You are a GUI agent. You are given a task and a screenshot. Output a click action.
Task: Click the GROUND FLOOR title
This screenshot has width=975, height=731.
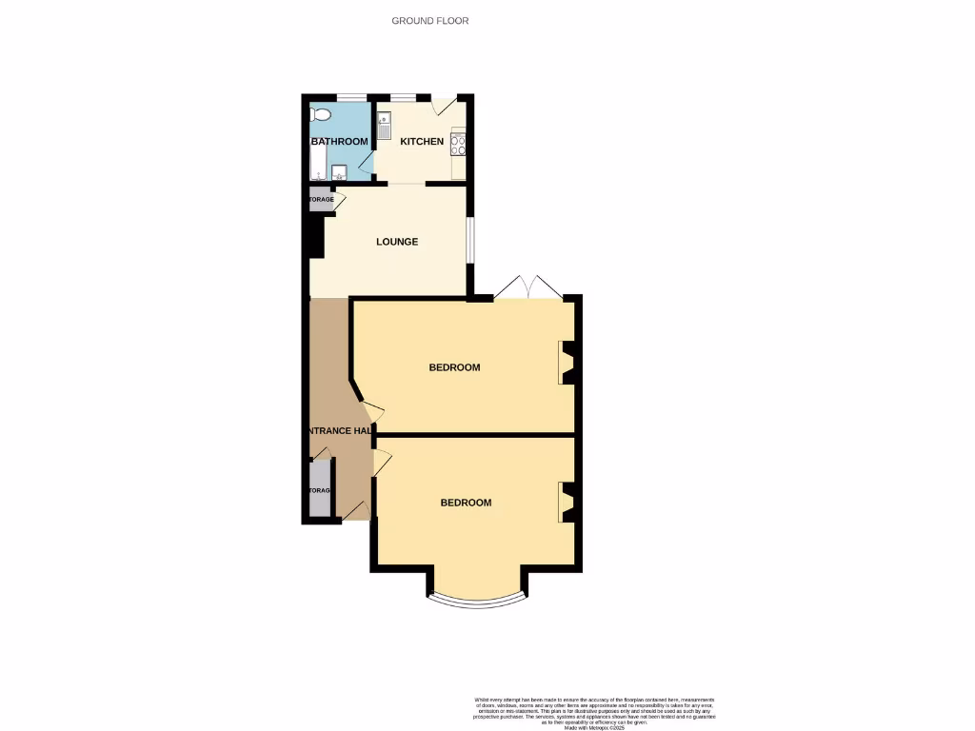430,21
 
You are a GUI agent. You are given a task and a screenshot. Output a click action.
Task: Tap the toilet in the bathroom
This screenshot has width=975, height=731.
321,115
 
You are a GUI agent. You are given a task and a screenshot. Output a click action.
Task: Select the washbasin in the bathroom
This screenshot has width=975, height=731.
339,172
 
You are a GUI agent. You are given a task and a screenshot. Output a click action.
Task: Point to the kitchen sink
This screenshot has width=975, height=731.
384,125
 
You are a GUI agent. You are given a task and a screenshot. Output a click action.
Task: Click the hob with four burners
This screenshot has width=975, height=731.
458,145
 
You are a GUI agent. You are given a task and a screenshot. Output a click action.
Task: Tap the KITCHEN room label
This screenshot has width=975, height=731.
422,142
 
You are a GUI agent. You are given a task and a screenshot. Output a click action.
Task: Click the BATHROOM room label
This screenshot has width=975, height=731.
340,142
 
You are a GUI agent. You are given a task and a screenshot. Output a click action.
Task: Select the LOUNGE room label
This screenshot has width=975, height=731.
397,242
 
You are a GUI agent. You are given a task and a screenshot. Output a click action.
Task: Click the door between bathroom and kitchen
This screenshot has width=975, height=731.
367,165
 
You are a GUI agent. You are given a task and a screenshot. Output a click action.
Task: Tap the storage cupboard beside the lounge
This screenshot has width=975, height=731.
321,200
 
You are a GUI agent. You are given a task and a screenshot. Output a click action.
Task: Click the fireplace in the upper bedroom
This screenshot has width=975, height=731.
566,363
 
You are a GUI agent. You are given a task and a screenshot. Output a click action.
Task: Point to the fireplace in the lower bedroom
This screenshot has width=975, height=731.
566,503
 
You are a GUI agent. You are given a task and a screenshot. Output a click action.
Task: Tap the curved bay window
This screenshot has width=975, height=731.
475,601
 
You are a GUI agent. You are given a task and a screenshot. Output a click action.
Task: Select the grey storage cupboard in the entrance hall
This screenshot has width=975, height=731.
320,490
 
